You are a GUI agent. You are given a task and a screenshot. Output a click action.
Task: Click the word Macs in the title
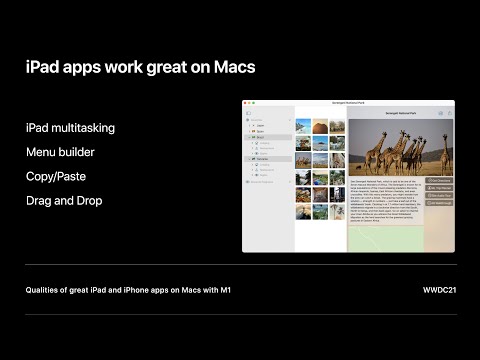[x=232, y=68]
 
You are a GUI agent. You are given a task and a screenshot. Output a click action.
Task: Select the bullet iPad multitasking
[x=70, y=127]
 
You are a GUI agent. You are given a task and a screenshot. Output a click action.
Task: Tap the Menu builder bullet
[x=61, y=152]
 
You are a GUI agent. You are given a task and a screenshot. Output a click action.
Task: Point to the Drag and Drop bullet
[x=65, y=201]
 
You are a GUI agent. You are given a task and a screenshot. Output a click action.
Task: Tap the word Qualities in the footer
[x=44, y=290]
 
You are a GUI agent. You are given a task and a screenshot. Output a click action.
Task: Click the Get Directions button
[x=439, y=180]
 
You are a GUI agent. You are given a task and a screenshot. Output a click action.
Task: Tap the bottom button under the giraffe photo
[x=439, y=203]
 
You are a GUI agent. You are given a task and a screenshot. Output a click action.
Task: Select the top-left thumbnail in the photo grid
[x=303, y=127]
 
